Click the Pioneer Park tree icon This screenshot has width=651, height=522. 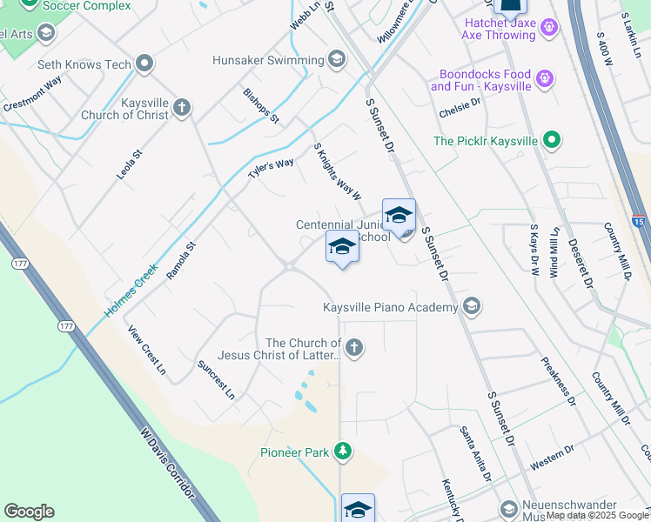click(x=344, y=451)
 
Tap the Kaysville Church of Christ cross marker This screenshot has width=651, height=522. click(x=181, y=108)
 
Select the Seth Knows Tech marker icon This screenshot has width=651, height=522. click(x=145, y=64)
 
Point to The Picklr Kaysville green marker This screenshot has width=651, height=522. click(x=551, y=139)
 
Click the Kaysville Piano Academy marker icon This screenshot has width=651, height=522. click(x=472, y=306)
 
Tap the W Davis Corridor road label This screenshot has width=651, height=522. click(x=170, y=465)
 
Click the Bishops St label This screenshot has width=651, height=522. click(x=261, y=105)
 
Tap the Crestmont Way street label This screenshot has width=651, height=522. click(x=32, y=94)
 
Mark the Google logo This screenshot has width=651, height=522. click(x=29, y=512)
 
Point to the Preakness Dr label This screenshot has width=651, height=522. click(x=558, y=382)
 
